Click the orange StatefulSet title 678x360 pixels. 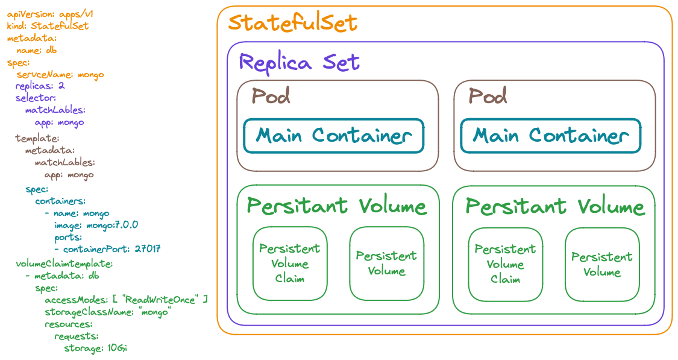pyautogui.click(x=293, y=24)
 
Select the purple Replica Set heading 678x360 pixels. pyautogui.click(x=299, y=62)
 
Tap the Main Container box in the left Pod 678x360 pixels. pyautogui.click(x=333, y=136)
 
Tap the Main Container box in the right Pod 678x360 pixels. pyautogui.click(x=550, y=136)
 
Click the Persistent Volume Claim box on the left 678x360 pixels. pyautogui.click(x=289, y=264)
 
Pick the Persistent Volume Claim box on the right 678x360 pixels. pyautogui.click(x=504, y=264)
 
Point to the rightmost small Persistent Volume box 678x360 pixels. pyautogui.click(x=601, y=264)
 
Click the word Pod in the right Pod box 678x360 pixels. pyautogui.click(x=488, y=96)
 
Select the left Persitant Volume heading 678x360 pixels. pyautogui.click(x=336, y=206)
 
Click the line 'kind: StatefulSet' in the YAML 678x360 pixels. pyautogui.click(x=48, y=26)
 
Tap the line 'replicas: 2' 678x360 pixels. pyautogui.click(x=40, y=86)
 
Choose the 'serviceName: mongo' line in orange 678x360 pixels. pyautogui.click(x=60, y=74)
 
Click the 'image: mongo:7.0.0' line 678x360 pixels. pyautogui.click(x=96, y=225)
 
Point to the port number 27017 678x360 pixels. pyautogui.click(x=148, y=248)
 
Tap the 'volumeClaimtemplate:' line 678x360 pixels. pyautogui.click(x=64, y=264)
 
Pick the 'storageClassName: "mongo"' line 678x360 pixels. pyautogui.click(x=108, y=312)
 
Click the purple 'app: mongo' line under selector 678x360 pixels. pyautogui.click(x=59, y=122)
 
